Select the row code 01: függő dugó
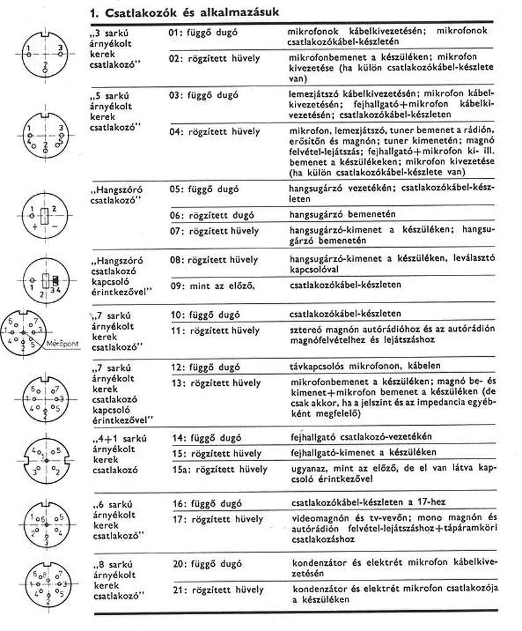point(204,31)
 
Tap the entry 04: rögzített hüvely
point(214,132)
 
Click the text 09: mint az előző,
point(212,286)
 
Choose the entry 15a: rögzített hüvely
point(220,469)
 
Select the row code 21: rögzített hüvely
point(214,588)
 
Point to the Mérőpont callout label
point(63,344)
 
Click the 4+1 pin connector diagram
point(45,460)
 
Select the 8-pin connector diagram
point(44,584)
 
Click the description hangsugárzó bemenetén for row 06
point(342,215)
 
